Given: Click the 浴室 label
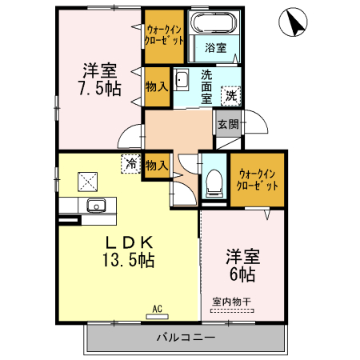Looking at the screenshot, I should pyautogui.click(x=215, y=46).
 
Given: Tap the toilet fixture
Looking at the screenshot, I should pyautogui.click(x=214, y=182).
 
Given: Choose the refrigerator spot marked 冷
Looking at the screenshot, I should pyautogui.click(x=130, y=163).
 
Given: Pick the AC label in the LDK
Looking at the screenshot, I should pyautogui.click(x=157, y=306).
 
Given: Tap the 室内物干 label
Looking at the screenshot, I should pyautogui.click(x=231, y=302).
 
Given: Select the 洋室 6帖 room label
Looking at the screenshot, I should pyautogui.click(x=240, y=266).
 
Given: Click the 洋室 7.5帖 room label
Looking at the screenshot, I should pyautogui.click(x=100, y=78).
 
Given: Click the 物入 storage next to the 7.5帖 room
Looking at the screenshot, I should pyautogui.click(x=156, y=84).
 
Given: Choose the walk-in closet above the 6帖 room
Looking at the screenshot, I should pyautogui.click(x=258, y=178).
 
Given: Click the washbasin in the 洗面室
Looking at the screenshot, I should pyautogui.click(x=181, y=80).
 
